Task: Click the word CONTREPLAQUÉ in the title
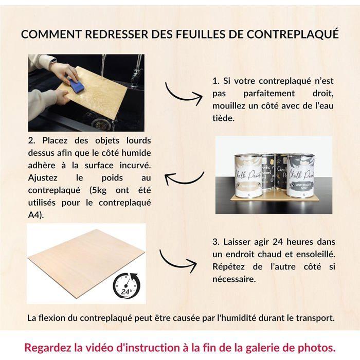point(293,34)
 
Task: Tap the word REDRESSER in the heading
point(113,34)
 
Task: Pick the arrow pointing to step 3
point(177,261)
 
